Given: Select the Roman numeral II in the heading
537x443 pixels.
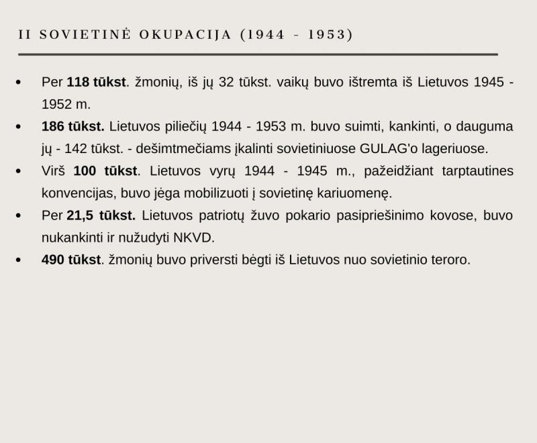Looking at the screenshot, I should [25, 34].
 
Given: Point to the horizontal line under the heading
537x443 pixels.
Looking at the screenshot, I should [258, 54].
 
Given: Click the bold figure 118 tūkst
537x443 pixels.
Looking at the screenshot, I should [97, 83].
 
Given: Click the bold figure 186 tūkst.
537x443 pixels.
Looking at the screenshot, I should [72, 127].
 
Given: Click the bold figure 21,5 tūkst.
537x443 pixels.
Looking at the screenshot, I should [101, 215].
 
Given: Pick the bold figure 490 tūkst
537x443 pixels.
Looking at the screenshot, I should [71, 260].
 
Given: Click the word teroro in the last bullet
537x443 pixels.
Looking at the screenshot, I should [450, 260].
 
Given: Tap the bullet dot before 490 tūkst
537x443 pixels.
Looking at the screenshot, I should [18, 260].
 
